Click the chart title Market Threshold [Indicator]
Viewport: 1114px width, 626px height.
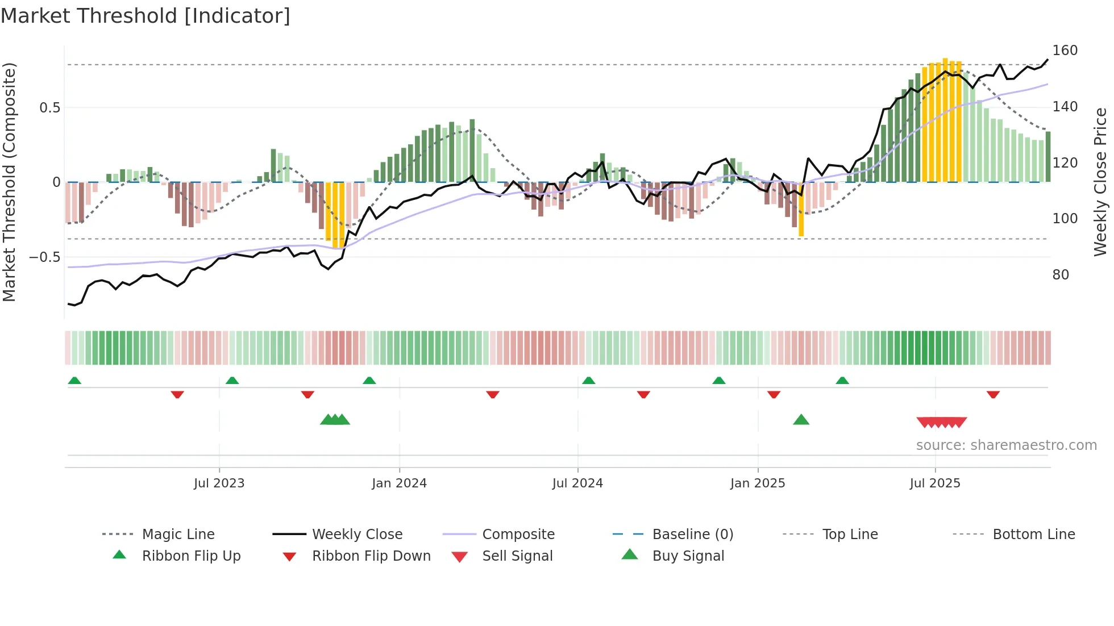click(146, 16)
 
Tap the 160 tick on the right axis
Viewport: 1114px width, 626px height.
click(1065, 51)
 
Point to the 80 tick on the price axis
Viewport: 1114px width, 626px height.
click(1061, 275)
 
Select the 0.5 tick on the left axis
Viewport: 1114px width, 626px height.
click(49, 108)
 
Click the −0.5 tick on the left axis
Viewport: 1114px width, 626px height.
click(44, 257)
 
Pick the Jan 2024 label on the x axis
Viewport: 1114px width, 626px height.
click(399, 483)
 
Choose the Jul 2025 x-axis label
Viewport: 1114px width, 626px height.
click(935, 483)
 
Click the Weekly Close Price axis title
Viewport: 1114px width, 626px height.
click(1100, 182)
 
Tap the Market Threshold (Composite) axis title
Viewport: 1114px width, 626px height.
click(9, 182)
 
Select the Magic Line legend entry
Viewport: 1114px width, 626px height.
click(178, 535)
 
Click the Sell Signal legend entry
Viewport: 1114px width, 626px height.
click(517, 556)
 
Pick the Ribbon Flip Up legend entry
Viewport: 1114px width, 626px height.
click(191, 556)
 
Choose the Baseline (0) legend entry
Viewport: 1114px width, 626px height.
click(692, 535)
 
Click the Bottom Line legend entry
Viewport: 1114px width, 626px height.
click(1033, 535)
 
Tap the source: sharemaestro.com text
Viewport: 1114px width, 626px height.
click(1006, 445)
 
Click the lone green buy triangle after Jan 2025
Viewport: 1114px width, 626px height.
click(801, 420)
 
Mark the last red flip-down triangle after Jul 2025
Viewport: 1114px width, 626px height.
click(993, 394)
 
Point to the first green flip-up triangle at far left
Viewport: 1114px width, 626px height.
click(74, 381)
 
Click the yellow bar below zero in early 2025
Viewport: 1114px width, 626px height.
click(801, 210)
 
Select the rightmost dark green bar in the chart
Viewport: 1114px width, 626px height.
click(1048, 157)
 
